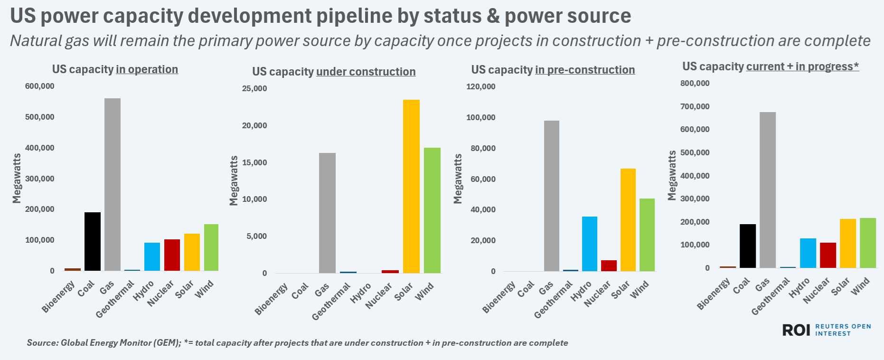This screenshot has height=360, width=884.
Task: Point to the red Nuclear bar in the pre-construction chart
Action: coord(609,265)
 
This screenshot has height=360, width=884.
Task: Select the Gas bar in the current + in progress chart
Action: coord(768,190)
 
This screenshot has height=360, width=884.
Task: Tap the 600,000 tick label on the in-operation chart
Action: coord(40,86)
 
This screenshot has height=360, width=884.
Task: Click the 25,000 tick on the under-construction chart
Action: coord(254,88)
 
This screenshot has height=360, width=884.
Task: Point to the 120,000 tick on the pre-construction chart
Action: coord(480,86)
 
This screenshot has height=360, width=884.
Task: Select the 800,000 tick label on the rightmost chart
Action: coord(695,83)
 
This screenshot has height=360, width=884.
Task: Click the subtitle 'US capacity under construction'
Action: coord(334,72)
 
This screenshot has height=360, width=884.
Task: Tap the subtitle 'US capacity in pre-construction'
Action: coord(553,70)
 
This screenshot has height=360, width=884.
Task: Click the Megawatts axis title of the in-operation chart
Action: coord(17,178)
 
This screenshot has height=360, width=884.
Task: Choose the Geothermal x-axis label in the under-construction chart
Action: coord(332,301)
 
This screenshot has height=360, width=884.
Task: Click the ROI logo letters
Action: coord(796,330)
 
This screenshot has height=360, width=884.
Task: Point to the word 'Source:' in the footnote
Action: coord(42,343)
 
